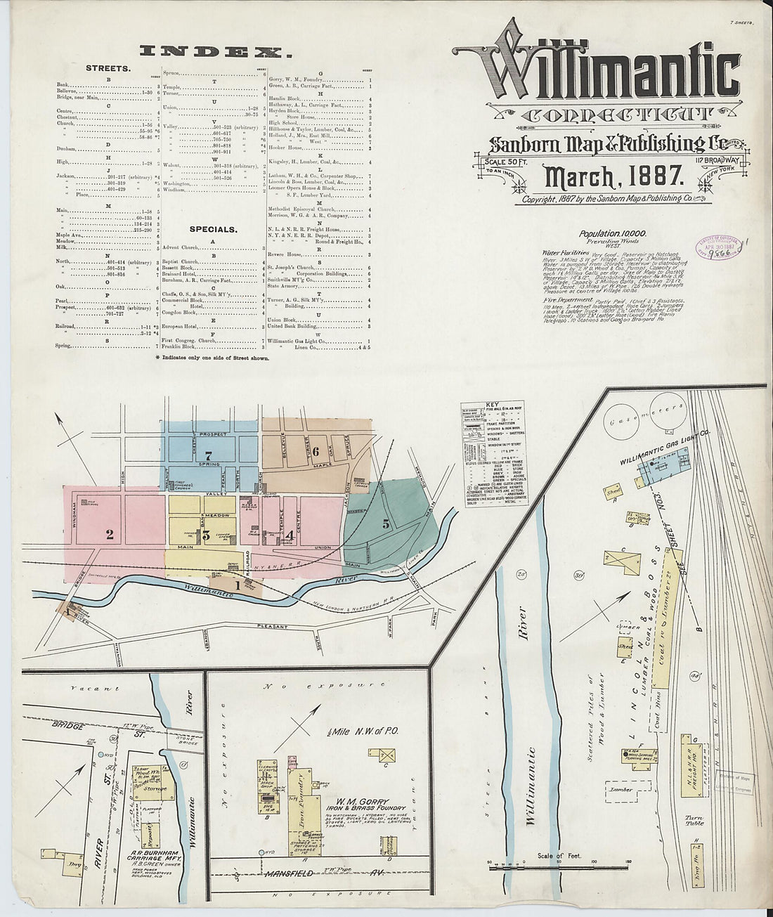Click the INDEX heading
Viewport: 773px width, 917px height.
[x=216, y=51]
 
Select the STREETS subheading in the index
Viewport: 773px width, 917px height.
[x=108, y=69]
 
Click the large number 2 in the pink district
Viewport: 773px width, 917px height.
[x=110, y=535]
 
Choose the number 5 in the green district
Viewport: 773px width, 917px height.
[x=386, y=523]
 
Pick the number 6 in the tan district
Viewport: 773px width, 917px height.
[x=317, y=450]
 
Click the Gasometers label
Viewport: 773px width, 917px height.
[x=656, y=415]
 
